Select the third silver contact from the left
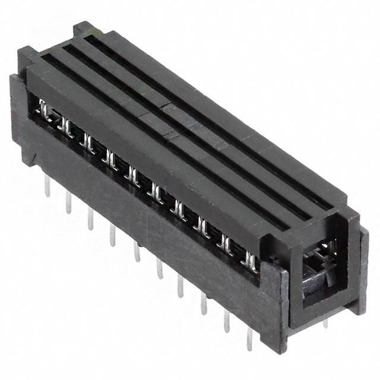tap(88, 142)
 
